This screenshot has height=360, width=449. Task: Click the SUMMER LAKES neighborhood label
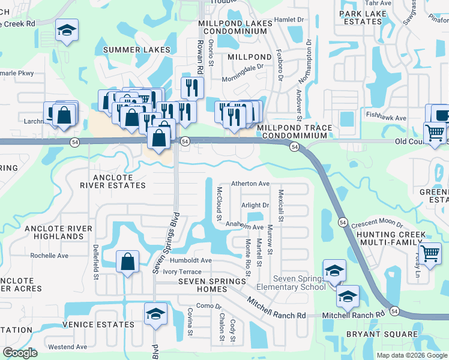(x=136, y=50)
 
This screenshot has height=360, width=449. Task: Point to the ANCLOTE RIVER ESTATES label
(x=113, y=181)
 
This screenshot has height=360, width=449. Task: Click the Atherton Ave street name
(x=251, y=184)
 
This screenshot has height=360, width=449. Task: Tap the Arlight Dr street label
(x=255, y=205)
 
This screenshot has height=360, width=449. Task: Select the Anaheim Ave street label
(x=244, y=227)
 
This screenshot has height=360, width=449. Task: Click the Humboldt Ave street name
(x=190, y=260)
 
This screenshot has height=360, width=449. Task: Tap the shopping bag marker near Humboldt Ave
(x=128, y=262)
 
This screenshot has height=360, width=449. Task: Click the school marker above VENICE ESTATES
(x=155, y=314)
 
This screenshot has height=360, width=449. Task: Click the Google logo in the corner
(x=20, y=353)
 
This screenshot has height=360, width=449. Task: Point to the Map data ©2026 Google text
(x=411, y=355)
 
